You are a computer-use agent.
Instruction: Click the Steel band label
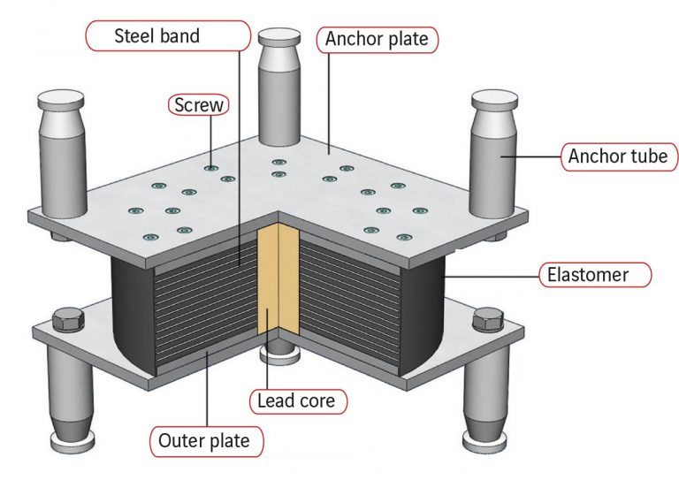click(157, 37)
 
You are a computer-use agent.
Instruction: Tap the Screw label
click(200, 105)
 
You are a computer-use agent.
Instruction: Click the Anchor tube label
click(617, 157)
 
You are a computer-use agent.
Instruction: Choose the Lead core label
click(296, 401)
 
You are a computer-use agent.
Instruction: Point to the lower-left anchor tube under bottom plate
click(66, 389)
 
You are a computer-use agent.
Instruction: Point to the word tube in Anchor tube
click(651, 157)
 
